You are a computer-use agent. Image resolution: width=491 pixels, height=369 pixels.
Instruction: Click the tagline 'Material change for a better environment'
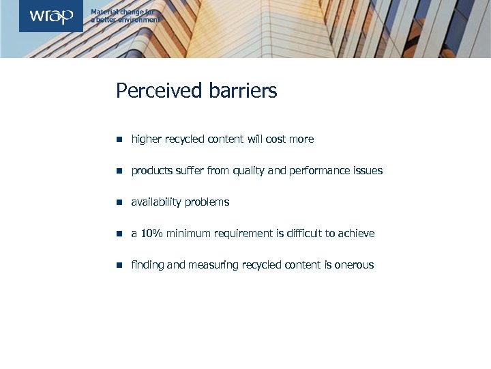coord(125,16)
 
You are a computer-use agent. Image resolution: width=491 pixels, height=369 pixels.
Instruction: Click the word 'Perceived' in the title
coord(159,91)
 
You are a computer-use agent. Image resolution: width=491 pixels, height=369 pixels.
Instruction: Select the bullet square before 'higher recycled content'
coord(119,139)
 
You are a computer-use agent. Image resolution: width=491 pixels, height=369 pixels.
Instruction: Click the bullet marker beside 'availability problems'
coord(119,202)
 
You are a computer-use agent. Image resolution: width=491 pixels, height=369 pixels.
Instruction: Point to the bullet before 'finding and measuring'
coord(119,265)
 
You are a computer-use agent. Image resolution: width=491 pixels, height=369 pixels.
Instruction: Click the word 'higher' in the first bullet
coord(146,139)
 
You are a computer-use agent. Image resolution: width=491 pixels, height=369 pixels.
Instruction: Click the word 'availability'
coord(158,202)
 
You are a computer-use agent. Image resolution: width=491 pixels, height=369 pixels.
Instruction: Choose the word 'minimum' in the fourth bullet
coord(188,234)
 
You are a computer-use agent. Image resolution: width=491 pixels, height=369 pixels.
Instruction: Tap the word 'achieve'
coord(356,234)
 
